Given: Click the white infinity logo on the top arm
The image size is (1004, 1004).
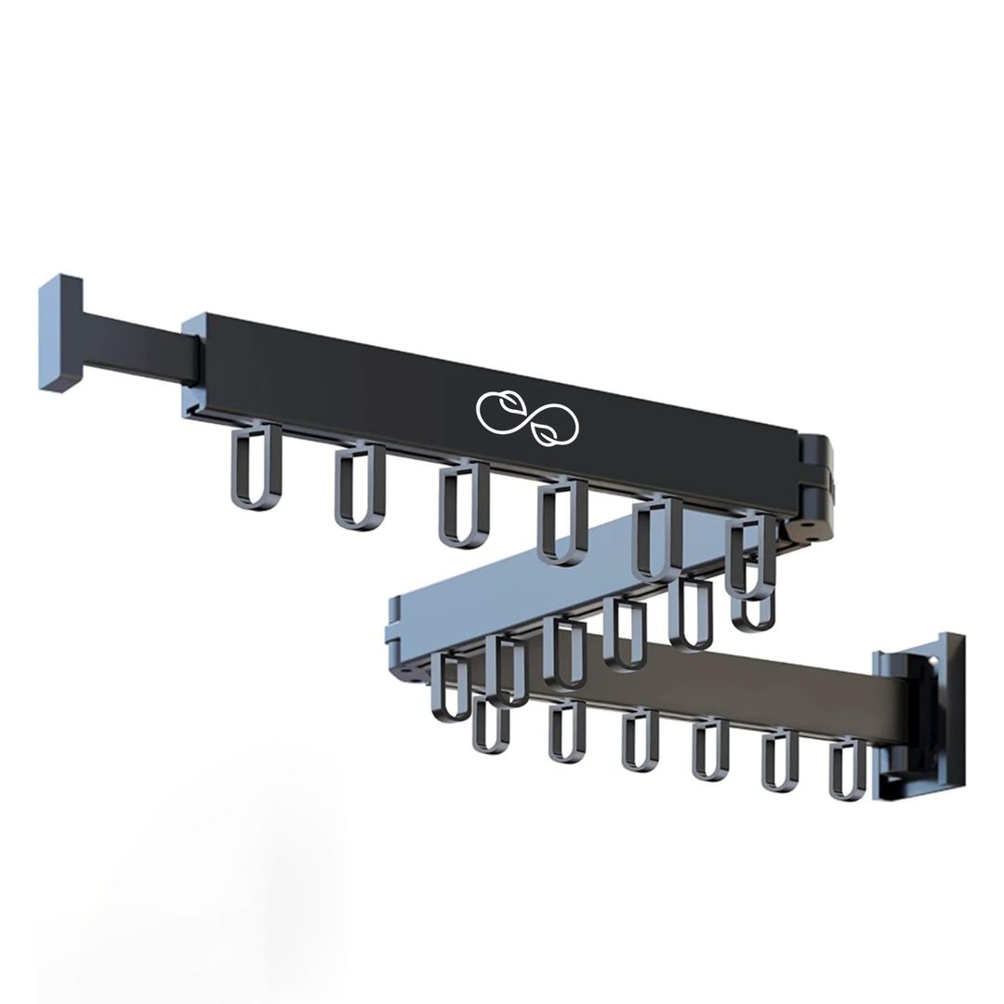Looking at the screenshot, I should pyautogui.click(x=527, y=417).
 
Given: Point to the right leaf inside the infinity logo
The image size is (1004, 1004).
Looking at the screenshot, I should pyautogui.click(x=550, y=429).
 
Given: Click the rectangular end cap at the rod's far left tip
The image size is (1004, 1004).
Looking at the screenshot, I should pyautogui.click(x=60, y=332).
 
